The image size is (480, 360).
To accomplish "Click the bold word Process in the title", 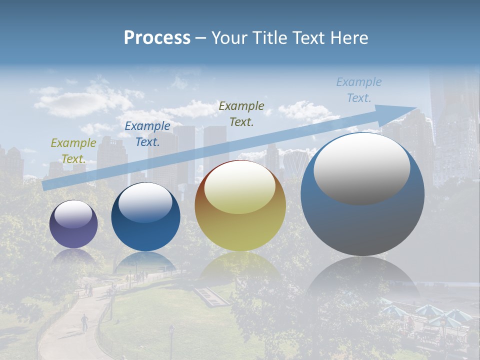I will tap(157, 37).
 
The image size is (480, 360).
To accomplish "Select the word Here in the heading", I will tap(349, 37).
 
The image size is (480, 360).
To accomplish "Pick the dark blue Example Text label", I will tap(147, 134).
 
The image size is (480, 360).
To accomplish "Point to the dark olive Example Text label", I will tap(241, 113).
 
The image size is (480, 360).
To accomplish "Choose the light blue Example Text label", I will tap(359, 90).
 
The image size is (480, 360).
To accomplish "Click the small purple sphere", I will tap(73, 230).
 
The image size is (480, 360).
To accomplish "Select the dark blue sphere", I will tap(145, 225).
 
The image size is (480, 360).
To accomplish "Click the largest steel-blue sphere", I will tap(362, 220).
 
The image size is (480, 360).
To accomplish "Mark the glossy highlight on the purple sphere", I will tap(73, 214).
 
